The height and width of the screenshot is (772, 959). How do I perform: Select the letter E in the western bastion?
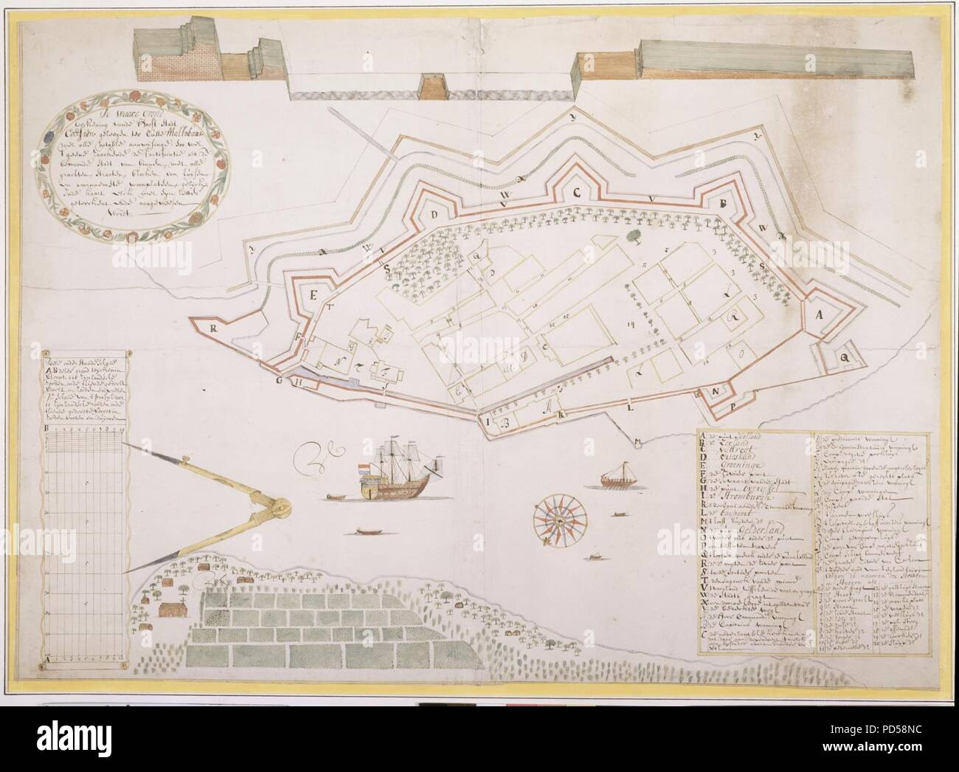coord(312,297)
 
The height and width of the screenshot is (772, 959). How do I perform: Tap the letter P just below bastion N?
coord(733,407)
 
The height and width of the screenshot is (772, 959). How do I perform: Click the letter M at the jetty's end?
coord(636,443)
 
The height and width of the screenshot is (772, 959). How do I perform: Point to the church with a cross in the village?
coord(171,610)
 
